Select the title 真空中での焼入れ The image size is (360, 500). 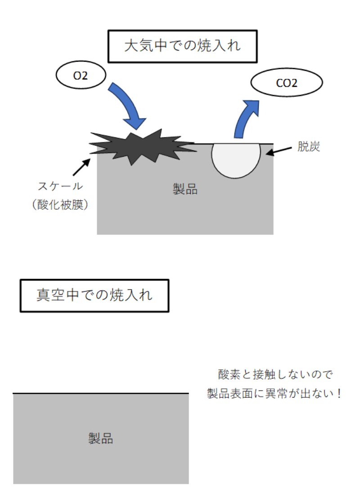pos(94,295)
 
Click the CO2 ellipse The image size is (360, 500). pos(286,83)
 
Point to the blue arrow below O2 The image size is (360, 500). pos(128,105)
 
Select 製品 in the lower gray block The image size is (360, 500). pos(100,438)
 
